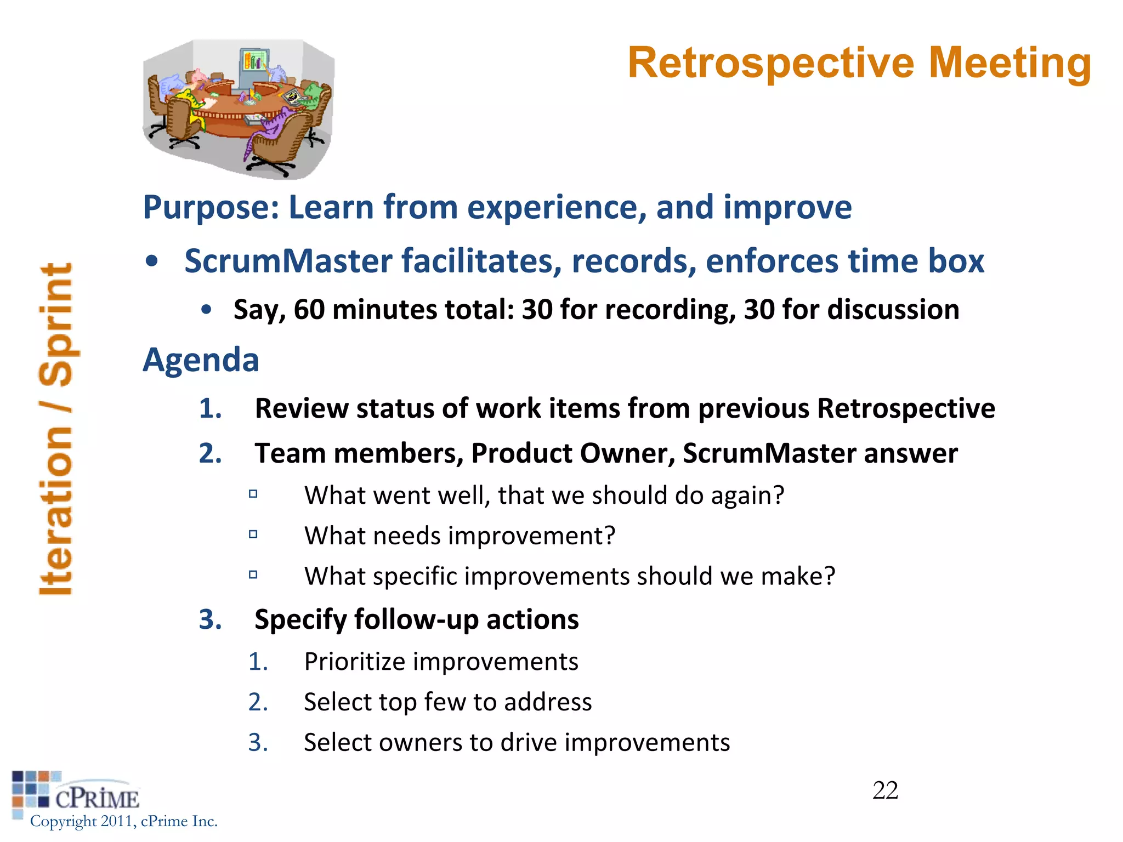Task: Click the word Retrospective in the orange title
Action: pos(770,64)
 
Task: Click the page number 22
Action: pos(885,790)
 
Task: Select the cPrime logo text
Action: pos(97,799)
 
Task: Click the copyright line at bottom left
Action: pos(123,821)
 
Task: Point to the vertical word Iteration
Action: pos(56,510)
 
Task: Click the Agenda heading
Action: pos(201,360)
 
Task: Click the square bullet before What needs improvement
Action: pos(253,534)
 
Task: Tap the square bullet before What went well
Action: pos(253,493)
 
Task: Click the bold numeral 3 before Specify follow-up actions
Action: pos(209,620)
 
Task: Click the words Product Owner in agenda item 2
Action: pos(573,454)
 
